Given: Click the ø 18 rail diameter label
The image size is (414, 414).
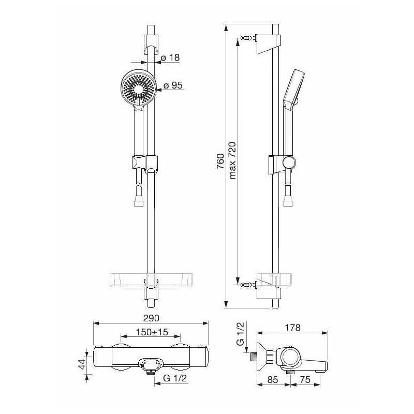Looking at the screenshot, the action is coord(170,57).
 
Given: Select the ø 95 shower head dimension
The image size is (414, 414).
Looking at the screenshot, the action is coord(173,85).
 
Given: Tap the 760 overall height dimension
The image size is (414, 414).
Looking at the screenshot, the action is coord(220,161).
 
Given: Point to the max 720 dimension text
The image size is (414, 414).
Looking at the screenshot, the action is coord(232,160).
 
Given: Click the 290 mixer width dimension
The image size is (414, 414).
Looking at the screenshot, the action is coord(151,318).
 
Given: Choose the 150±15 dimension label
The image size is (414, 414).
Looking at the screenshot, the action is coord(152,332).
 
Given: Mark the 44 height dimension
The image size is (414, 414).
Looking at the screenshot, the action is coord(82,364).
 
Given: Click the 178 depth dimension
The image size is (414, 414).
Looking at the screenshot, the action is coord(292,328).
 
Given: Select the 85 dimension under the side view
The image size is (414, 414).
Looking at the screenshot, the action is coord(273,380).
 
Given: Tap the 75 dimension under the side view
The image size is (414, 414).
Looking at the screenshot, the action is coord(305,380).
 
